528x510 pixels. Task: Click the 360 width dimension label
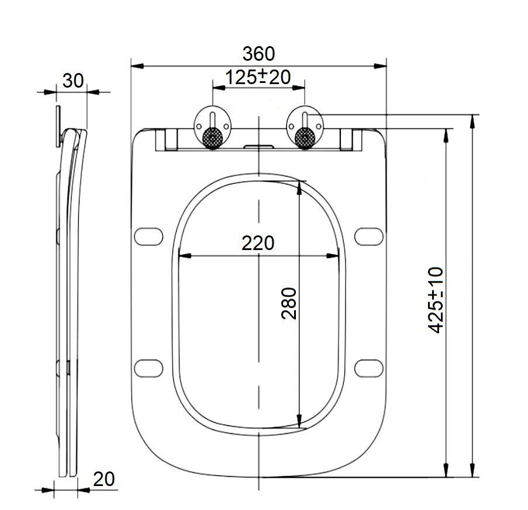pos(258,54)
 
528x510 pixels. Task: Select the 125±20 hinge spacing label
pos(258,77)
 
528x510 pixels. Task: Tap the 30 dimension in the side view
pos(73,81)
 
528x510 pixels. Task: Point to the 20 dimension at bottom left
pos(103,479)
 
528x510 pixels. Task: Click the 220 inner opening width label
pos(258,243)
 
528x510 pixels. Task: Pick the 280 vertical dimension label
pos(289,303)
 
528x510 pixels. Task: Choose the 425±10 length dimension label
pos(436,300)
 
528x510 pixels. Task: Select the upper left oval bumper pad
pos(149,237)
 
